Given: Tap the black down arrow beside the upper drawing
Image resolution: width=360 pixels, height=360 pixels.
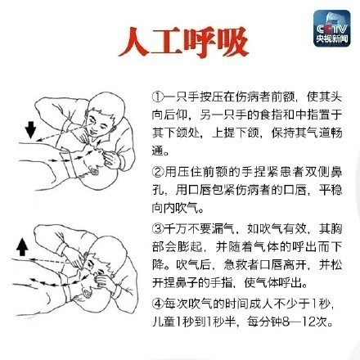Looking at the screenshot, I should [x=30, y=128].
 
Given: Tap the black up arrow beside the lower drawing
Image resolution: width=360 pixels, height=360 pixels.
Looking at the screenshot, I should [x=21, y=245].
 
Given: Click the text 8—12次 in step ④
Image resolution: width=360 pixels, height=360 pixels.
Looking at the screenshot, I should [x=311, y=322].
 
